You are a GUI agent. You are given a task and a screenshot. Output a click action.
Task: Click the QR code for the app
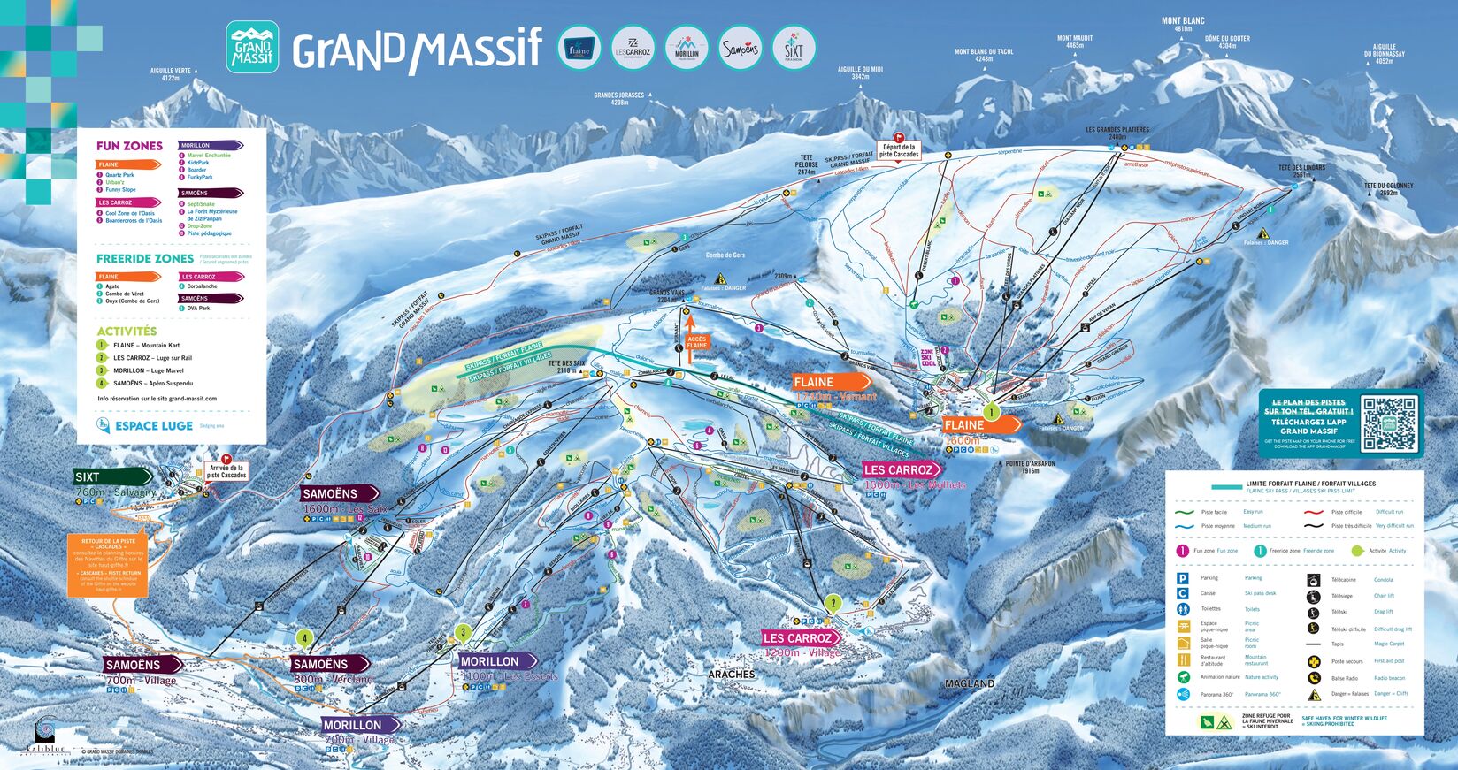pos(1389,423)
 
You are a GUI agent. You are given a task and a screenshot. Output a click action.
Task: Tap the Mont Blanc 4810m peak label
pos(1183,24)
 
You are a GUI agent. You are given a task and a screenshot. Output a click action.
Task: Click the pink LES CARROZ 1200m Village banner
pos(800,637)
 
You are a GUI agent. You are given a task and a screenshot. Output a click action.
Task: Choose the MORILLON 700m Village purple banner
pos(359,725)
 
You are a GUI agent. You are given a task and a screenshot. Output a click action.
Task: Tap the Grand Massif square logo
pos(252,48)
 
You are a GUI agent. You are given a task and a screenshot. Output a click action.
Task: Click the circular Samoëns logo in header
pos(740,49)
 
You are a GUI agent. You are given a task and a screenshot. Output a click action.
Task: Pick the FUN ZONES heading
pos(129,146)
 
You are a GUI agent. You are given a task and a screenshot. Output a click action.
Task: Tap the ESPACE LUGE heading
pos(153,425)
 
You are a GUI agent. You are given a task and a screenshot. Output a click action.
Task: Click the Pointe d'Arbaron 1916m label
pos(1030,467)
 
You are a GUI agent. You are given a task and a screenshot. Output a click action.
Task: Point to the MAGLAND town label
pos(970,683)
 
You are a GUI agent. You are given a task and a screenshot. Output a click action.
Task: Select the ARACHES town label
pos(732,674)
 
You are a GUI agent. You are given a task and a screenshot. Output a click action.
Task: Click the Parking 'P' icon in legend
pos(1182,578)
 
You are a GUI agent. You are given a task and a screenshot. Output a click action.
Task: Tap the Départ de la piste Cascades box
pos(899,150)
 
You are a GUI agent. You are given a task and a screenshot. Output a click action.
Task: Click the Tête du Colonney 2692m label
pos(1388,189)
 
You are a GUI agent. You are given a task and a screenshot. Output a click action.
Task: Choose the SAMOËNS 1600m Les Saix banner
pos(340,493)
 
